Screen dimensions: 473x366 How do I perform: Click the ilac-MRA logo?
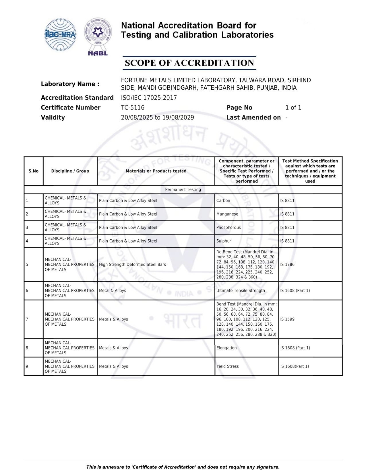pyautogui.click(x=61, y=35)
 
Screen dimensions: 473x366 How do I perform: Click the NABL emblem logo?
pyautogui.click(x=98, y=36)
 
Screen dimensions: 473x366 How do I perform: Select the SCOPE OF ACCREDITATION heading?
pyautogui.click(x=189, y=63)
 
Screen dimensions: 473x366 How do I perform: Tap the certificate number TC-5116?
pyautogui.click(x=133, y=107)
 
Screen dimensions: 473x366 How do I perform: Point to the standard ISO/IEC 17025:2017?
pyautogui.click(x=149, y=98)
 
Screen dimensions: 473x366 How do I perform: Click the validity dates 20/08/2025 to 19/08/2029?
pyautogui.click(x=157, y=118)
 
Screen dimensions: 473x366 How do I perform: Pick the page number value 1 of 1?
pyautogui.click(x=293, y=107)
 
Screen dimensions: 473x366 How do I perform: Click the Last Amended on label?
pyautogui.click(x=253, y=118)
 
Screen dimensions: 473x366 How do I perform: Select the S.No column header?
pyautogui.click(x=34, y=171)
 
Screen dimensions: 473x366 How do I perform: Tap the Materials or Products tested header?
pyautogui.click(x=156, y=171)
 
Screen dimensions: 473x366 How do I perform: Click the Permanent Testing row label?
pyautogui.click(x=183, y=189)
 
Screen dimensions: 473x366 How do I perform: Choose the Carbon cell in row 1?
pyautogui.click(x=223, y=201)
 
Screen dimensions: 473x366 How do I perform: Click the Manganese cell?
pyautogui.click(x=227, y=214)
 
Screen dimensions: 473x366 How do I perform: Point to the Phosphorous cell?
pyautogui.click(x=228, y=228)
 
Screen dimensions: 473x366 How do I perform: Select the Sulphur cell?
pyautogui.click(x=224, y=241)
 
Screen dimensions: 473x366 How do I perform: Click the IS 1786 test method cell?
pyautogui.click(x=287, y=265)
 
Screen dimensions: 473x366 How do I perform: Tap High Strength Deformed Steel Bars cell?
pyautogui.click(x=132, y=265)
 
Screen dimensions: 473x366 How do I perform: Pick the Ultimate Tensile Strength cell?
pyautogui.click(x=241, y=291)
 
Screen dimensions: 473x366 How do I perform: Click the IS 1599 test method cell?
pyautogui.click(x=287, y=319)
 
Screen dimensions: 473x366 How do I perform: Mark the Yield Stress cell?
pyautogui.click(x=227, y=366)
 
